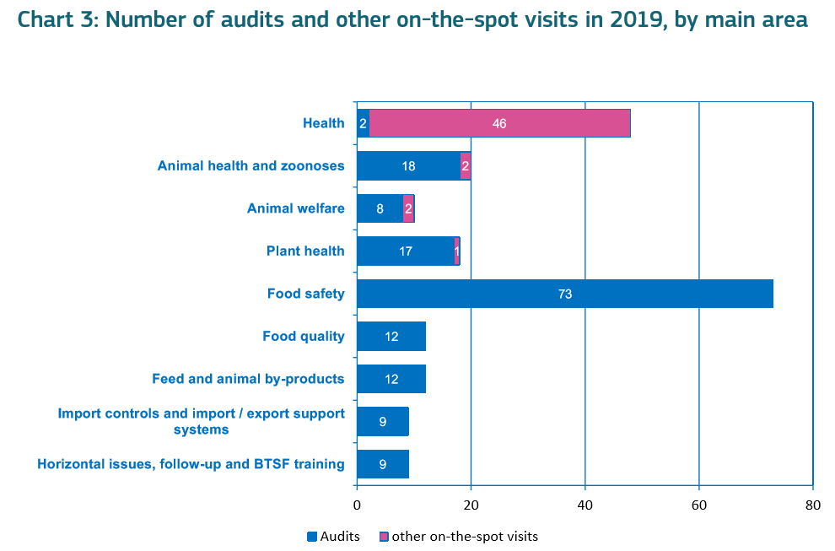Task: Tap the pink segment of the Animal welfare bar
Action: tap(408, 208)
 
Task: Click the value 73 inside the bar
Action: tap(565, 294)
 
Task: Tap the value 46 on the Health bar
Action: tap(499, 123)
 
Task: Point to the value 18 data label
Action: tap(408, 166)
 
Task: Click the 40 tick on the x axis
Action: tap(584, 505)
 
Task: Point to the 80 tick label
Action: tap(812, 505)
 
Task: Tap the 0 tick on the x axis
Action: tap(357, 505)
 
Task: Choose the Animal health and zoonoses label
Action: tap(250, 165)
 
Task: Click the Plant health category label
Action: tap(305, 251)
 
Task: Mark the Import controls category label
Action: tap(201, 421)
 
